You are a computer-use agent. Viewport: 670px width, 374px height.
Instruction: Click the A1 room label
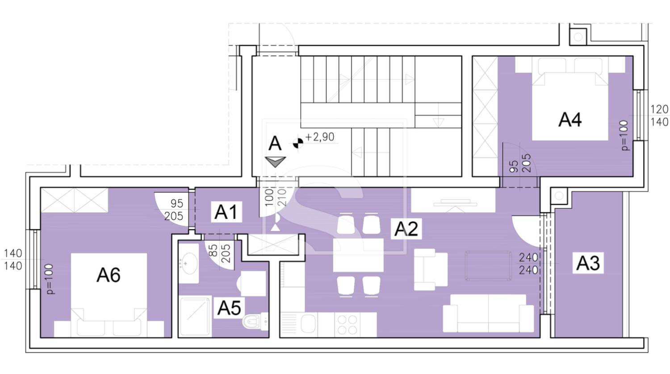226,212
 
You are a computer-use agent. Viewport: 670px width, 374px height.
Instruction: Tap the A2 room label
406,229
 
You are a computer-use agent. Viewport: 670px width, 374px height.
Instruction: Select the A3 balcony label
588,263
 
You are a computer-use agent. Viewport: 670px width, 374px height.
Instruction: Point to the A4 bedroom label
570,120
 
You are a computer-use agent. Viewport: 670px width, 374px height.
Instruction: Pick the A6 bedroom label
108,275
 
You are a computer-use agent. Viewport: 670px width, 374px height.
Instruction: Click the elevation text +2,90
320,137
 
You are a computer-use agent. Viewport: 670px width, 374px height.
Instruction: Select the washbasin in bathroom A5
189,263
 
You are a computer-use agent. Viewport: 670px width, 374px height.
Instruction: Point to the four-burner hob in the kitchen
347,325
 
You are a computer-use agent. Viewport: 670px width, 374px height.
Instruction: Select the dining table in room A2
358,255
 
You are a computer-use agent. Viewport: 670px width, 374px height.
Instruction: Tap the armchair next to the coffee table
431,269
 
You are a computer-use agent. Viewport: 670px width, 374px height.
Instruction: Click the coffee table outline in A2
488,266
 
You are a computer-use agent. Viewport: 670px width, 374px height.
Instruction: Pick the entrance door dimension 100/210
276,197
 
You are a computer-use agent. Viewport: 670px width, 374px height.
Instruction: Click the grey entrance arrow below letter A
275,162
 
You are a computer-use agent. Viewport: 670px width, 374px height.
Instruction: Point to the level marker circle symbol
297,143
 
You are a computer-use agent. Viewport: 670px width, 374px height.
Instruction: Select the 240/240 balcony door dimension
528,264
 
